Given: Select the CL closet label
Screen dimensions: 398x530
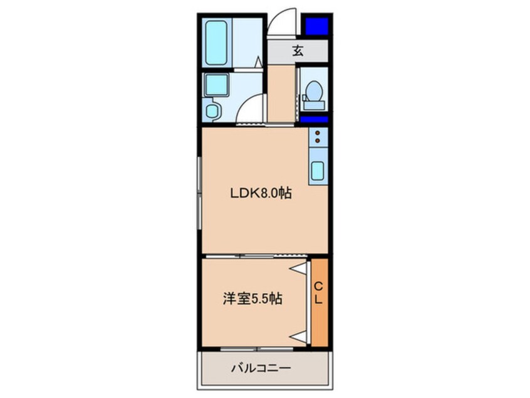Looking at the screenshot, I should click(318, 291).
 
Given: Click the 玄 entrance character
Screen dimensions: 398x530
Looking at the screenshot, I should click(298, 51).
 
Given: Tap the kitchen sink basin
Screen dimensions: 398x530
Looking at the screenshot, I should click(318, 170).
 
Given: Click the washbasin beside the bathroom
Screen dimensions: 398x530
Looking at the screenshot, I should click(218, 84).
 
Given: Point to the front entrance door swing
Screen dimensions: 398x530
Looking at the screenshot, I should click(282, 24).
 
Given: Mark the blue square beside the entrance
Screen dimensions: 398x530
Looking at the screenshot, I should click(316, 26).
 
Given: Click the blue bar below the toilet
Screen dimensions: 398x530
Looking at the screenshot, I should click(314, 119).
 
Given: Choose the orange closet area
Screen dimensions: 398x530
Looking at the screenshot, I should click(318, 301).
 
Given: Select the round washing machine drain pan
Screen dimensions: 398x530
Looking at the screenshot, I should click(214, 111).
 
